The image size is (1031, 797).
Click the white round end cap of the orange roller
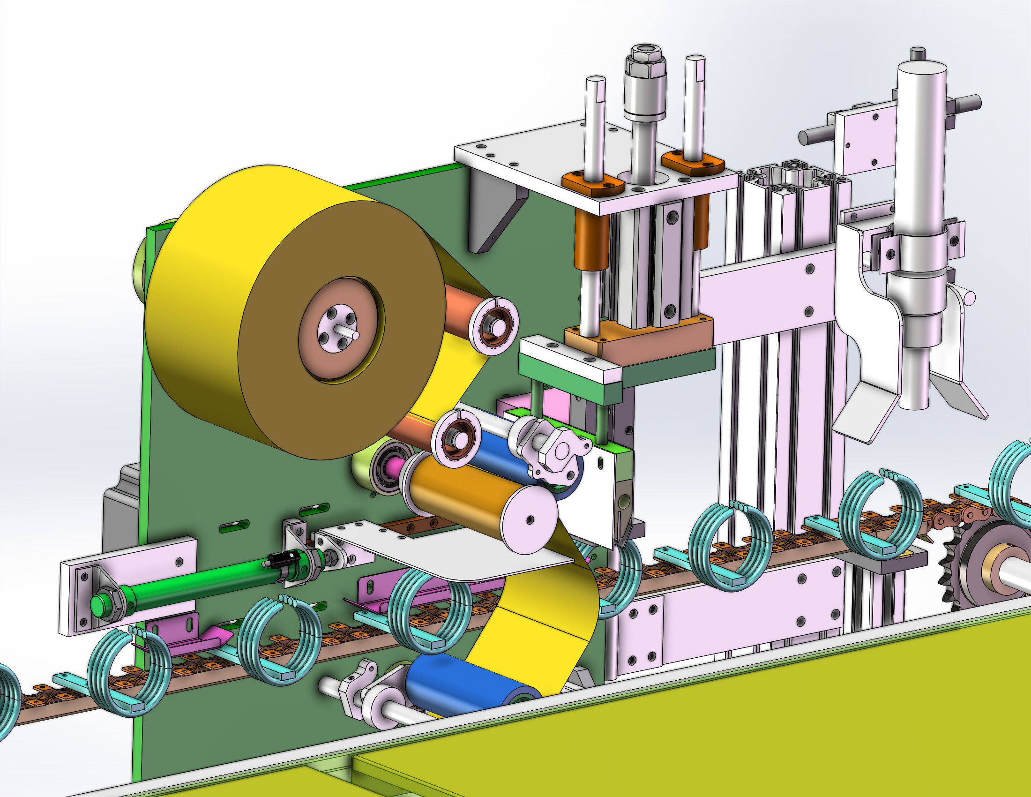pos(529,519)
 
